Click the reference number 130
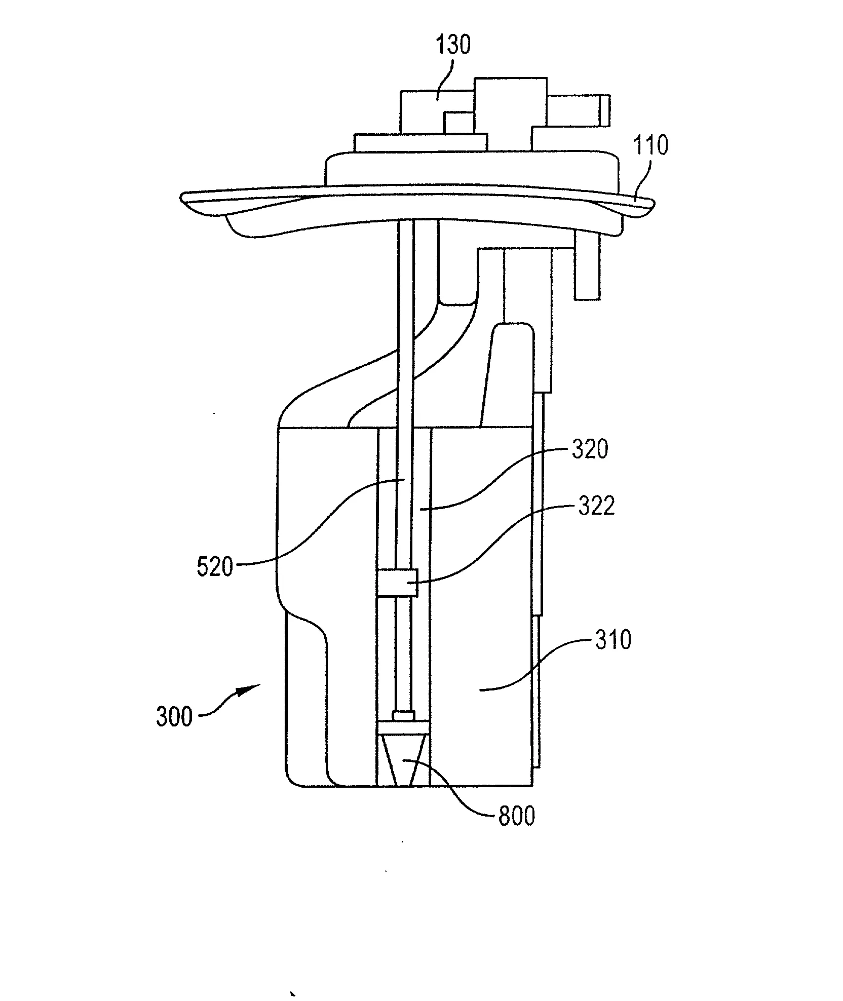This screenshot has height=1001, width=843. coord(454,45)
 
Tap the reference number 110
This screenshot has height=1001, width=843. coord(652,146)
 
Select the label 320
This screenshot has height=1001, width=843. coord(590,449)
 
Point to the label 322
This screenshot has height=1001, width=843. coord(597,506)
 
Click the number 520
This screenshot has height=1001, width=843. coord(215,567)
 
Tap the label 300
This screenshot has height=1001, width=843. coord(174,717)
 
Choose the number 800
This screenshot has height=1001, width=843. coord(517,817)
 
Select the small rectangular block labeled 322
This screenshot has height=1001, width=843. coord(398,583)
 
